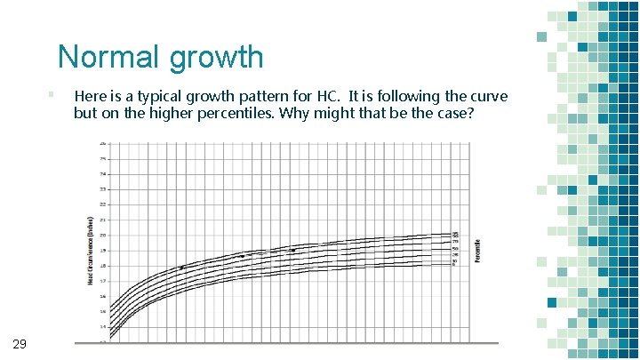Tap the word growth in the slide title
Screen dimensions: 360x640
[214, 58]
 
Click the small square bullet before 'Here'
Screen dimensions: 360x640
[52, 92]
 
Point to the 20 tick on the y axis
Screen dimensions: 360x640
[102, 236]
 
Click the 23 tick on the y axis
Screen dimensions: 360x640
[102, 189]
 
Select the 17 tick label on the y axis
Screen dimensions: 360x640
[102, 281]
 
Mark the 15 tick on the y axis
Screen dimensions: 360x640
[102, 311]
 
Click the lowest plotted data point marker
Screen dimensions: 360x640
[181, 268]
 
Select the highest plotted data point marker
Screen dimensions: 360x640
[292, 251]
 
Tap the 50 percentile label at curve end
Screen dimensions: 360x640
[455, 248]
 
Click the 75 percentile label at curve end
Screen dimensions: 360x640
[455, 242]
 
